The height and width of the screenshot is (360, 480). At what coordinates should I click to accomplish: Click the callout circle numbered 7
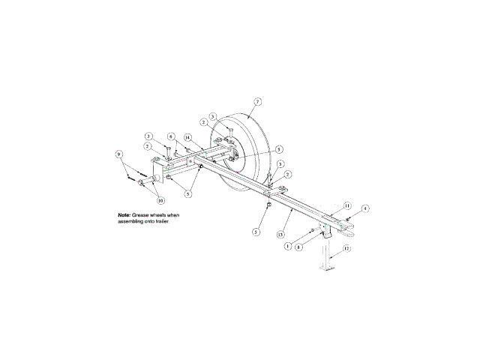(x=257, y=100)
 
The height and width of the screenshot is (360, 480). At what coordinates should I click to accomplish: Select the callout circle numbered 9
(x=118, y=154)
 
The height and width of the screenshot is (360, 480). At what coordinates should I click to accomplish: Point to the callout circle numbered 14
(x=187, y=136)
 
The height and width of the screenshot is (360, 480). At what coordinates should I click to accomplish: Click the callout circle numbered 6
(x=171, y=136)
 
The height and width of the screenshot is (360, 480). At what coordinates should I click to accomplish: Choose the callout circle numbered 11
(x=346, y=205)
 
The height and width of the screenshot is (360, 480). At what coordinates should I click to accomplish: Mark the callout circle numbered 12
(x=346, y=247)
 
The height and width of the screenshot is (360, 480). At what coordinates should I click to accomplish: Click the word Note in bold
(x=124, y=215)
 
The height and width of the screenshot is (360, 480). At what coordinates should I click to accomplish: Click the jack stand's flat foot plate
(x=328, y=268)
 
